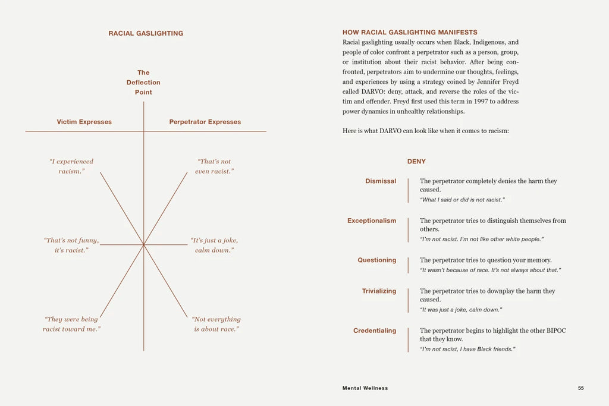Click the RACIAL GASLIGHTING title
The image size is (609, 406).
coord(146,33)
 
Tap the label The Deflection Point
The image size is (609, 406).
coord(143,83)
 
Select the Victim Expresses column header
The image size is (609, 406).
coord(84,122)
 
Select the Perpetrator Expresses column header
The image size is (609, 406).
coord(205,122)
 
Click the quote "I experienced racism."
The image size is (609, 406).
coord(71,166)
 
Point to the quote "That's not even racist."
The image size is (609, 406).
coord(214,166)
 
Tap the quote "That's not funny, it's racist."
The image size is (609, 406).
coord(71,245)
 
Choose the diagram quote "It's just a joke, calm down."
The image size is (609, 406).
coord(214,245)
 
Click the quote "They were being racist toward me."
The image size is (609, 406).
coord(71,324)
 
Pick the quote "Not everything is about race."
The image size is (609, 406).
coord(216,324)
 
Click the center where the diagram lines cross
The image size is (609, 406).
coord(143,244)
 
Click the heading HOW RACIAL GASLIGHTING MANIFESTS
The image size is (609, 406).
coord(410,33)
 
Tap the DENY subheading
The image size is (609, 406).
coord(416,162)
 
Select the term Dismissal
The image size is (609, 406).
coord(381,181)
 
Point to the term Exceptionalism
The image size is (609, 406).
coord(372,221)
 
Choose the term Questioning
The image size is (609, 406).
coord(376,260)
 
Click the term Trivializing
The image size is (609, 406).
coord(379,291)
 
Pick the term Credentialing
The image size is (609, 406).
coord(375,331)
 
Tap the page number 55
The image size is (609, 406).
coord(580,388)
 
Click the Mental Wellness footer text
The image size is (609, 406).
coord(365,388)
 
